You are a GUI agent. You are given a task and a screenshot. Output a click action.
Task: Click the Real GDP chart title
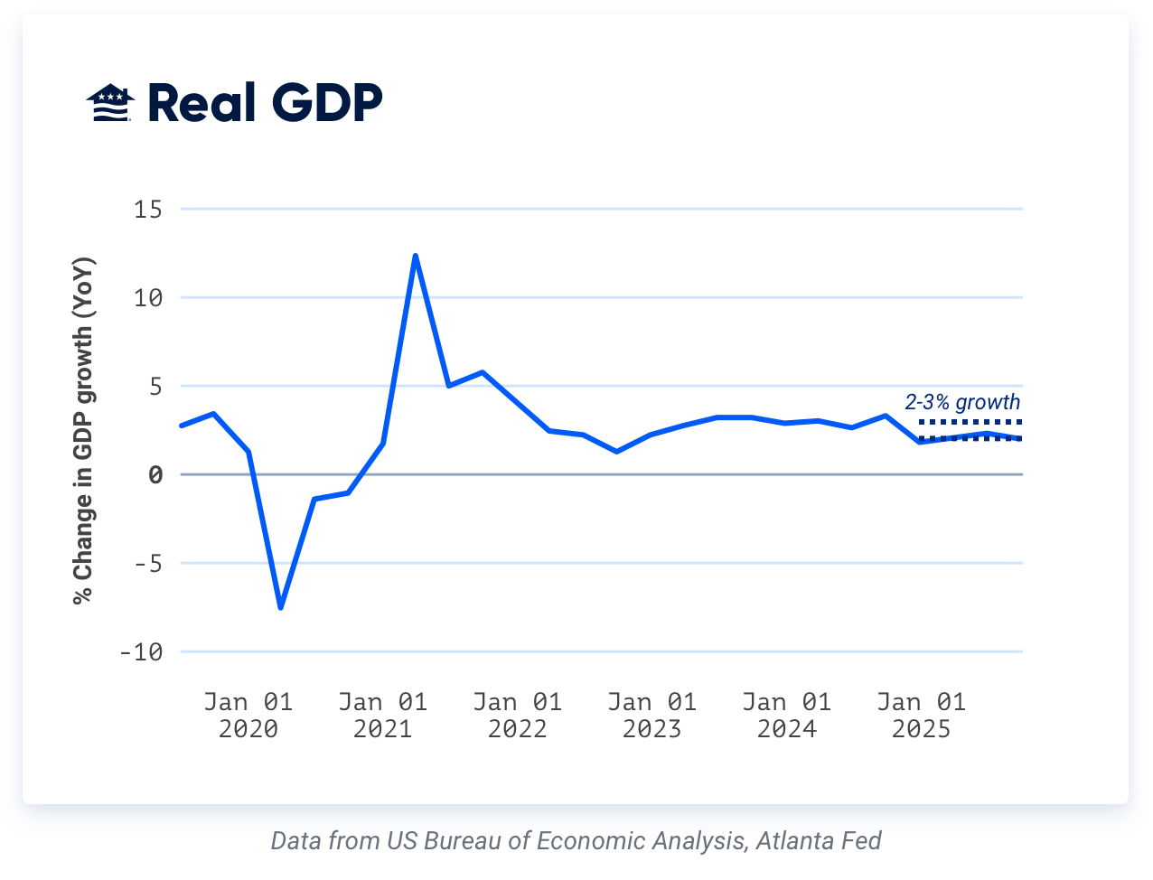coord(264,103)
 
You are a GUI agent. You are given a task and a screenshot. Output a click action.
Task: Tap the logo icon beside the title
coord(110,103)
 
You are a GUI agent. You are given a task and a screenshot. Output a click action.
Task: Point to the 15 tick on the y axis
coord(148,210)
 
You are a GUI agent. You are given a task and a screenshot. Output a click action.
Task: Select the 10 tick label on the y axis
coord(148,297)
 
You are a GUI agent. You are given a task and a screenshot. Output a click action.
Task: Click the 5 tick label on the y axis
coord(155,387)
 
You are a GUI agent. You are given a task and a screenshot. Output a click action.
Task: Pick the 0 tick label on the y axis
coord(155,475)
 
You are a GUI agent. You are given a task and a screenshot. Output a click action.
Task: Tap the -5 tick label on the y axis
coord(148,564)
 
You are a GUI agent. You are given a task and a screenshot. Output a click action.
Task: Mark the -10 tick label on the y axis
coord(141,652)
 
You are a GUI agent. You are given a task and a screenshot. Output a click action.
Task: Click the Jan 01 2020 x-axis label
coord(248,716)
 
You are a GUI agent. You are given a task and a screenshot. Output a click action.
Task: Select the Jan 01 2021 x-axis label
coord(382,716)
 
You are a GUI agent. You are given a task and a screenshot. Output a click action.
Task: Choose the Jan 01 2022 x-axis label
coord(517,716)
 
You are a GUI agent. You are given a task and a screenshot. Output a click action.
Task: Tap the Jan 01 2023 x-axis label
coord(651,716)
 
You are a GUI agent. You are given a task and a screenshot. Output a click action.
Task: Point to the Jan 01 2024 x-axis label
coord(786,716)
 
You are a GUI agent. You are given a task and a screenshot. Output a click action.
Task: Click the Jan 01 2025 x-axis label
coord(921,716)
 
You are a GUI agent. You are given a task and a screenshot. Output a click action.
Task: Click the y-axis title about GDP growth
coord(83,431)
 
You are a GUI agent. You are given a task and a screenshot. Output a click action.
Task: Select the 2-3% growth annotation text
coord(962,402)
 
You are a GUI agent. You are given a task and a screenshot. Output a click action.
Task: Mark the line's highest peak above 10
coord(415,256)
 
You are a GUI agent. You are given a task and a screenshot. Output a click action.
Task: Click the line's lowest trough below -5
coord(281,607)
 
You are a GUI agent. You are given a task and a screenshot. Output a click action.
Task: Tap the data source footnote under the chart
coord(576,841)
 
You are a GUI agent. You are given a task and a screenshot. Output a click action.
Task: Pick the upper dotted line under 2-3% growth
coord(970,422)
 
